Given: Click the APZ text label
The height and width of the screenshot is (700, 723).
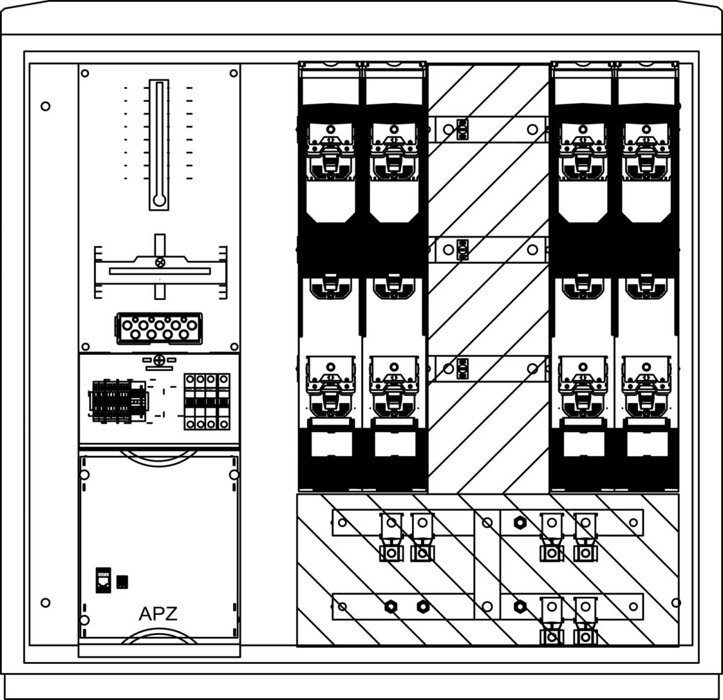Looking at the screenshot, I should click(x=158, y=614).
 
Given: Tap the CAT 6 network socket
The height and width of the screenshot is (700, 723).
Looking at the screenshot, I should click(x=102, y=580).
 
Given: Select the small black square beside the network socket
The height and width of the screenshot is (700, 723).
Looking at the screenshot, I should click(x=122, y=581).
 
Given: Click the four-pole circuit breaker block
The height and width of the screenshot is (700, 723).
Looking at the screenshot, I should click(x=207, y=401).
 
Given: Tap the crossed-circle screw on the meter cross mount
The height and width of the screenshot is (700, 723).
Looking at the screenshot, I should click(x=160, y=262).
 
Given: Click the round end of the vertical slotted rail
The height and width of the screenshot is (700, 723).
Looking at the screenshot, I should click(x=159, y=201).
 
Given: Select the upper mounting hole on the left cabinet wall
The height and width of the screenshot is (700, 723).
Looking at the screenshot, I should click(x=45, y=107).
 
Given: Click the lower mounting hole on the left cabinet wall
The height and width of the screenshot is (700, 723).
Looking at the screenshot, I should click(x=45, y=602).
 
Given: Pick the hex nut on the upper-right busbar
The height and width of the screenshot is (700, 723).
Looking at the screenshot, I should click(x=517, y=522).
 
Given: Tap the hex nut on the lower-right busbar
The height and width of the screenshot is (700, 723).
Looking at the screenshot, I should click(x=517, y=606).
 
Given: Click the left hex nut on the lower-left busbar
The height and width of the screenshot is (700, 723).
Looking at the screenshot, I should click(x=390, y=606).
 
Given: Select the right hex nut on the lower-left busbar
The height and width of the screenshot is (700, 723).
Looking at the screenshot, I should click(x=424, y=606).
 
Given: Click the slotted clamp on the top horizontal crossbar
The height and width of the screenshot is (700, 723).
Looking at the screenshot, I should click(x=462, y=129).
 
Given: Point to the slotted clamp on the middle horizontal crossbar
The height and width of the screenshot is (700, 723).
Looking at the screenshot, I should click(x=462, y=248).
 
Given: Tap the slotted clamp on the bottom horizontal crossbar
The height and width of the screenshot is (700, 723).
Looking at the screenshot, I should click(x=462, y=367).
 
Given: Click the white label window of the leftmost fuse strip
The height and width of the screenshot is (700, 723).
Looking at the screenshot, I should click(x=331, y=445).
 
